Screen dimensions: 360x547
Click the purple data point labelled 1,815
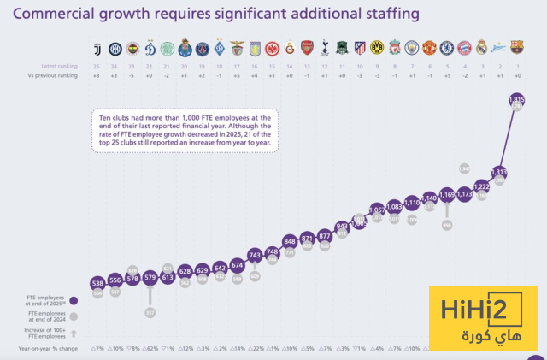tap(516, 100)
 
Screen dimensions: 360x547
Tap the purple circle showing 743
tap(254, 255)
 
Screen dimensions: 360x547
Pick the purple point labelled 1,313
tap(499, 170)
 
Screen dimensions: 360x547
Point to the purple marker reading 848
tap(289, 241)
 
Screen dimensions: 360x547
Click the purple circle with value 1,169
tap(446, 195)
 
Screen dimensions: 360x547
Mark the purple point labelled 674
tap(237, 266)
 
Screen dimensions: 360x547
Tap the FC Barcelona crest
tap(516, 48)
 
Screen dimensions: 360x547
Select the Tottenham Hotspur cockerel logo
tap(324, 48)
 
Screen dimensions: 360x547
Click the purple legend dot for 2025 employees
tap(74, 300)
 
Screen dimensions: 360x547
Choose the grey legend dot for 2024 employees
tap(74, 316)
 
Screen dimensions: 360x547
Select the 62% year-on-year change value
tap(150, 349)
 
